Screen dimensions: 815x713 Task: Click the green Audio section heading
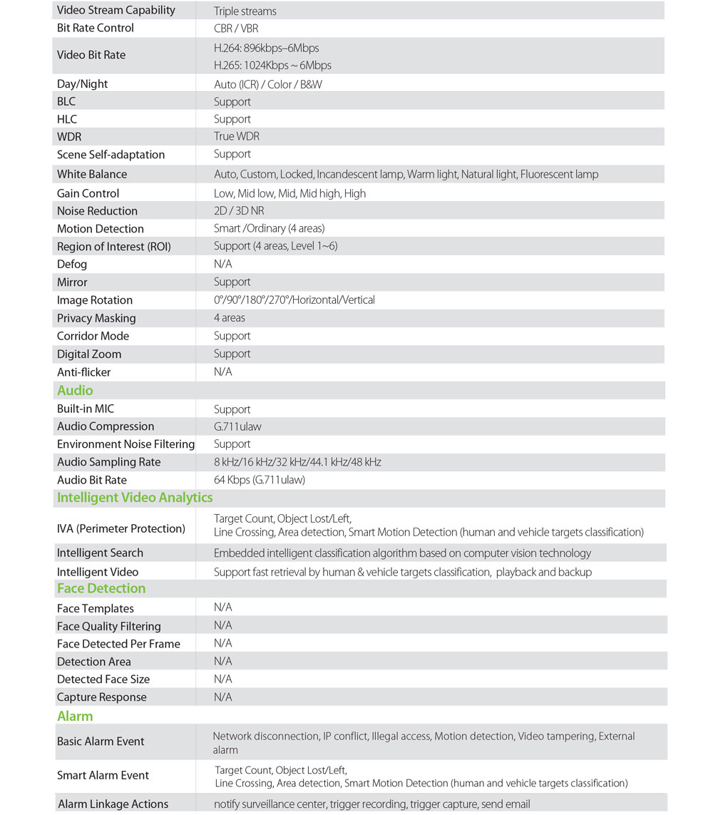point(75,390)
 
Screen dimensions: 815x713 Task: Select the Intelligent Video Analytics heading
point(135,497)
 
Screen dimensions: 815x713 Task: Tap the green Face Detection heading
point(101,588)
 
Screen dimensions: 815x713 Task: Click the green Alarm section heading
point(75,716)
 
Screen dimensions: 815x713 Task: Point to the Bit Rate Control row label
point(96,28)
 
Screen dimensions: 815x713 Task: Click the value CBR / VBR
point(236,29)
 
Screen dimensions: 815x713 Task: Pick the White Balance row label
point(92,174)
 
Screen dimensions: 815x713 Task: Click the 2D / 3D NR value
point(240,211)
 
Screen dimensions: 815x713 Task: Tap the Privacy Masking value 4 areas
point(230,318)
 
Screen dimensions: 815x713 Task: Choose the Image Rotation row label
point(95,300)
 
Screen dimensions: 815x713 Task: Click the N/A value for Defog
point(222,265)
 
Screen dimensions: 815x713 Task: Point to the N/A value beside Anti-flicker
point(222,372)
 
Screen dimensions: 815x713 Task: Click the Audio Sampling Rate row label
point(108,462)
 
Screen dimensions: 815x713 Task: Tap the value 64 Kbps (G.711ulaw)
point(260,480)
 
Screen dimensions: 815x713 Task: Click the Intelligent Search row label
point(100,553)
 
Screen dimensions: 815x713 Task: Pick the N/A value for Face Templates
point(222,608)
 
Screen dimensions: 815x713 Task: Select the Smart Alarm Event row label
point(103,775)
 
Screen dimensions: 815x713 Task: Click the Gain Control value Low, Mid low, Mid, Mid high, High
point(289,193)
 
